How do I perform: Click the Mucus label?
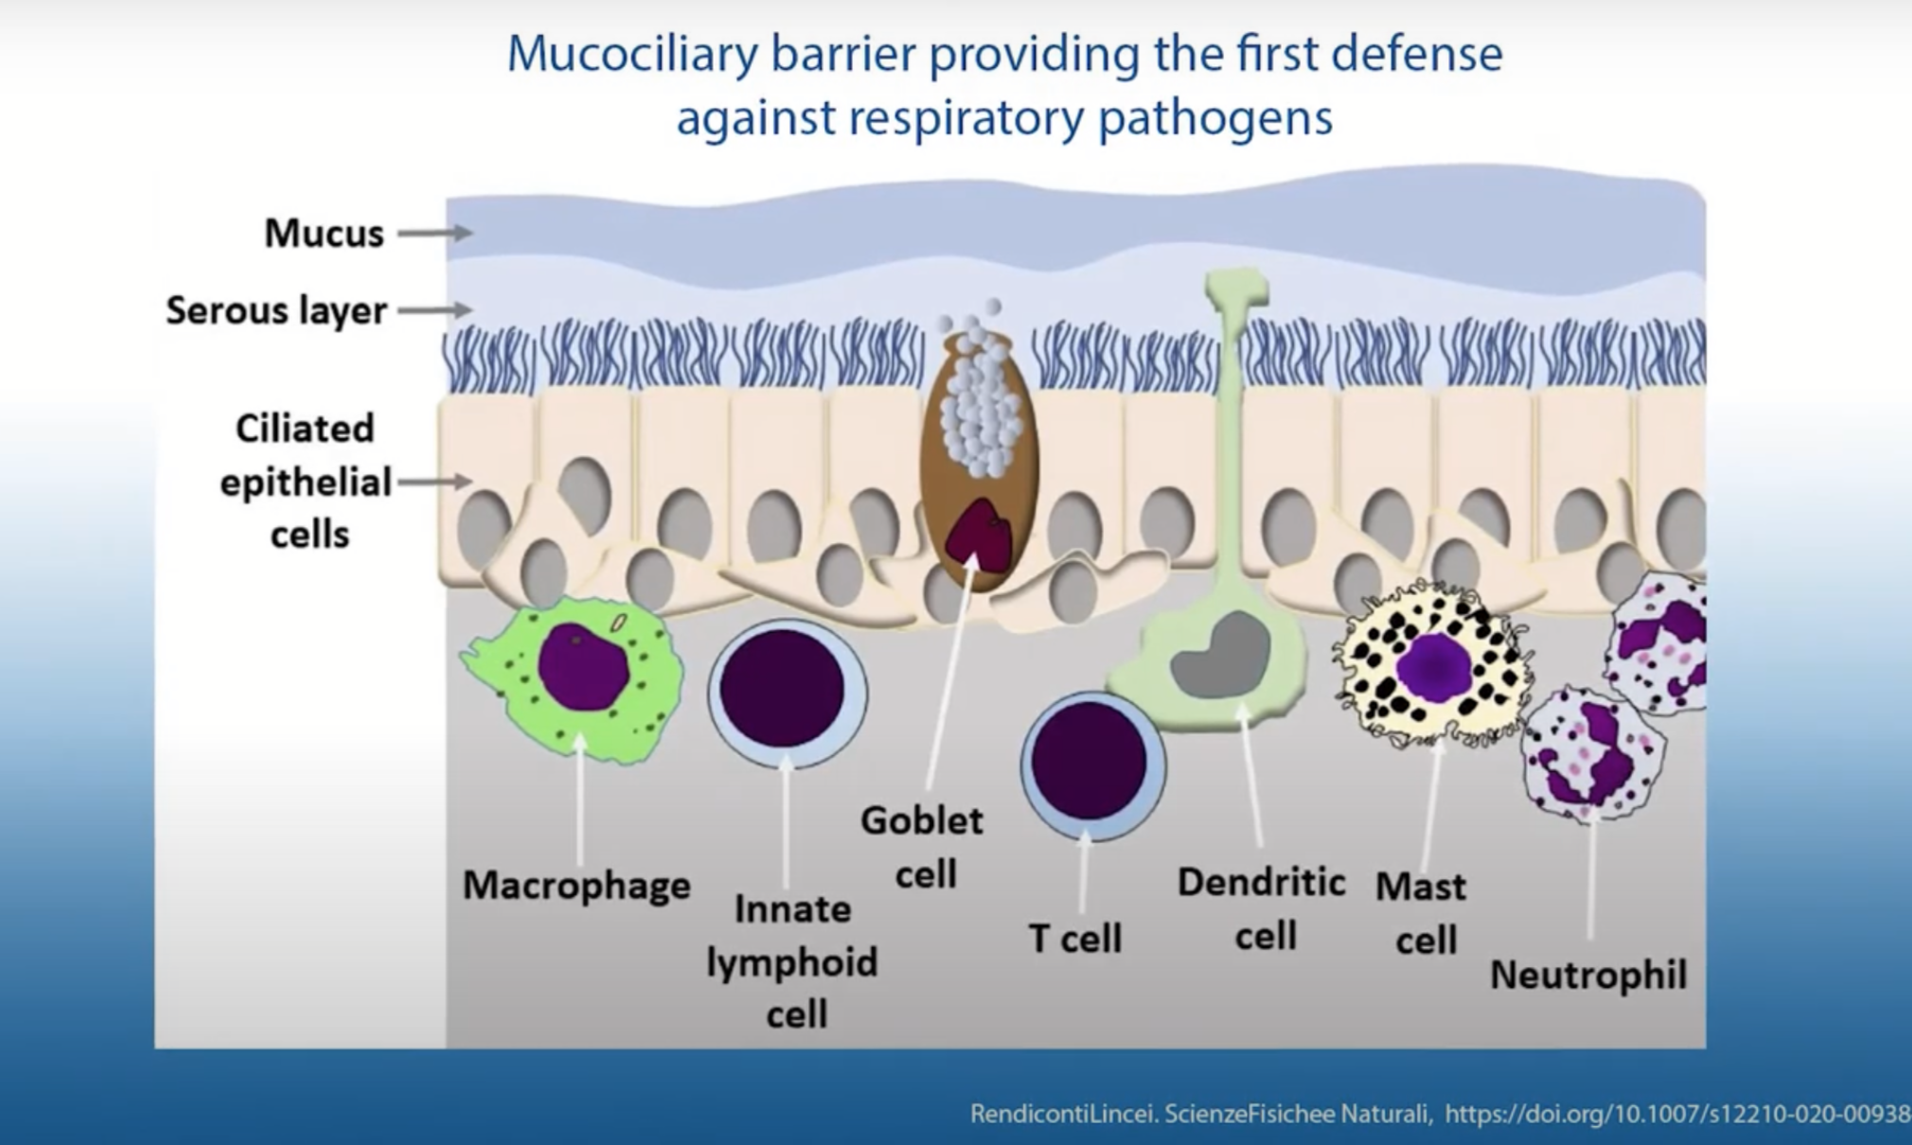324,233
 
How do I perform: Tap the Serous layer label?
276,310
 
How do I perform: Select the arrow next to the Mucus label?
435,233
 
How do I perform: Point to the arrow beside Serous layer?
435,309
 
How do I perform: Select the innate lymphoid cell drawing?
787,694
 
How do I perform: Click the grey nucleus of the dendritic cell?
1220,656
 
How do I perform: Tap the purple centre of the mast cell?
1435,666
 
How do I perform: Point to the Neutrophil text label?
1588,975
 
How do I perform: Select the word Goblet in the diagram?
922,820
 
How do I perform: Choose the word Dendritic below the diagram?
1262,882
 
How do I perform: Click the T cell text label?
1075,939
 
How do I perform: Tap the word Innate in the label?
793,909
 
